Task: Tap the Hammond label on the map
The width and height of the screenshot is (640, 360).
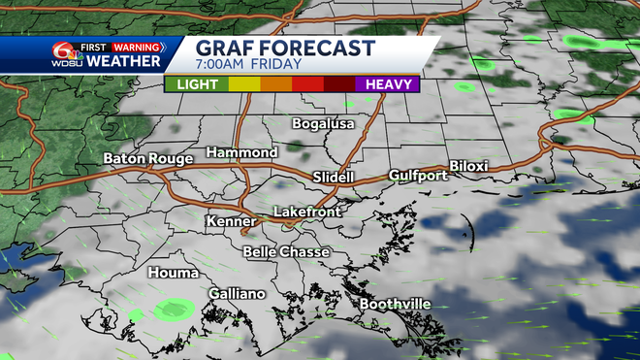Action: point(241,153)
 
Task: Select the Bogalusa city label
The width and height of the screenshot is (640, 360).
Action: point(323,124)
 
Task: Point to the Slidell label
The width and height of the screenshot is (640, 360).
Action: point(336,177)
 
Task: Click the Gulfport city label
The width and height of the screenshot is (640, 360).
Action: point(418,176)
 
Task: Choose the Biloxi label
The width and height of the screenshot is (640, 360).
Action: point(469,166)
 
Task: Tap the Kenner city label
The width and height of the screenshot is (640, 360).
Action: point(231,222)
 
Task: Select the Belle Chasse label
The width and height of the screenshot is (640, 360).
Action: point(286,252)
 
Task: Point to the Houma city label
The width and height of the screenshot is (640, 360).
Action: point(173,274)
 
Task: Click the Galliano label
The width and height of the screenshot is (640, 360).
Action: point(237,293)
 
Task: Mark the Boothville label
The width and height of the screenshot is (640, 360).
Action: point(395,305)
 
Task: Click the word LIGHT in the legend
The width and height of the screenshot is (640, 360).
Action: point(197,84)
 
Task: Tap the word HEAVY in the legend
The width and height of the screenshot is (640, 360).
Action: point(386,84)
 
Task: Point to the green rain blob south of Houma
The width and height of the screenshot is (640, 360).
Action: point(173,311)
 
